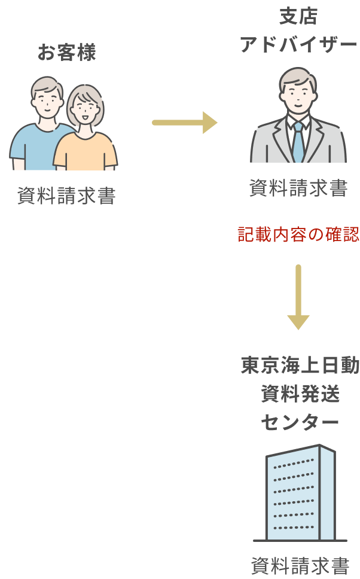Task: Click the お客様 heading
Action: (66, 53)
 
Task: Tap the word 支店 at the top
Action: (298, 16)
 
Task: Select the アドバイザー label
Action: (298, 44)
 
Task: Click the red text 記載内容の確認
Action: (298, 234)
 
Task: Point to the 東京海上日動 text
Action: (300, 365)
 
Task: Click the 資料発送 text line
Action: (300, 394)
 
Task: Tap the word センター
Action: (300, 422)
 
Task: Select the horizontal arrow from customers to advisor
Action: (184, 123)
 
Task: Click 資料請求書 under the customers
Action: (66, 196)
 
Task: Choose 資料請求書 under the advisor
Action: (298, 189)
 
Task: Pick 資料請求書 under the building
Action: (300, 565)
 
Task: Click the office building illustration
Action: (300, 493)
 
